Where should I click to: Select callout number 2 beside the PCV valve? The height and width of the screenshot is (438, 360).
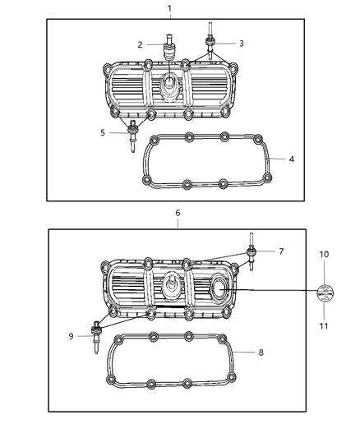point(141,44)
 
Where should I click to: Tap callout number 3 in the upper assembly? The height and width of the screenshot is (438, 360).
point(241,43)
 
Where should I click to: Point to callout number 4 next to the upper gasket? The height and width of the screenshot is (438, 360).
point(291,159)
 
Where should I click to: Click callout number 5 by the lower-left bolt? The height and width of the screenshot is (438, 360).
point(103,132)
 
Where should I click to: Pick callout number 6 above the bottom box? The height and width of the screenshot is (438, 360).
point(178,212)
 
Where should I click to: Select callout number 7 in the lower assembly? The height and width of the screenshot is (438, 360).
point(280,251)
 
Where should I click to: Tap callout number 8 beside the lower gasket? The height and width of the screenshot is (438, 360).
point(261,353)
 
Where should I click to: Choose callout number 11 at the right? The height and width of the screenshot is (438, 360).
point(324,326)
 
